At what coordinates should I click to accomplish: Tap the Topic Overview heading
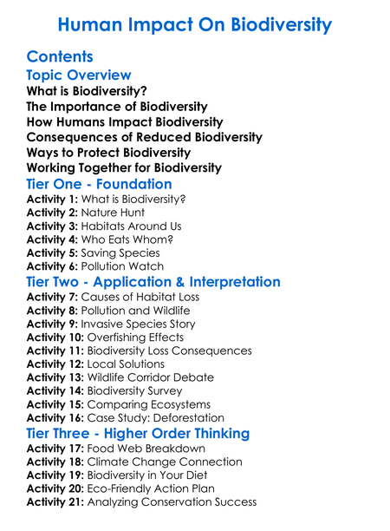(x=79, y=75)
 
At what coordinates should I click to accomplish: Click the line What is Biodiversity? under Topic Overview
(x=87, y=91)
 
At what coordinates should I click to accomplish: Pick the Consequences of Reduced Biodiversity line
(x=145, y=137)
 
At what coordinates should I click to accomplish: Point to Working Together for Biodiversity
(x=124, y=167)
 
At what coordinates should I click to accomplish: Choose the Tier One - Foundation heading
(x=100, y=184)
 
